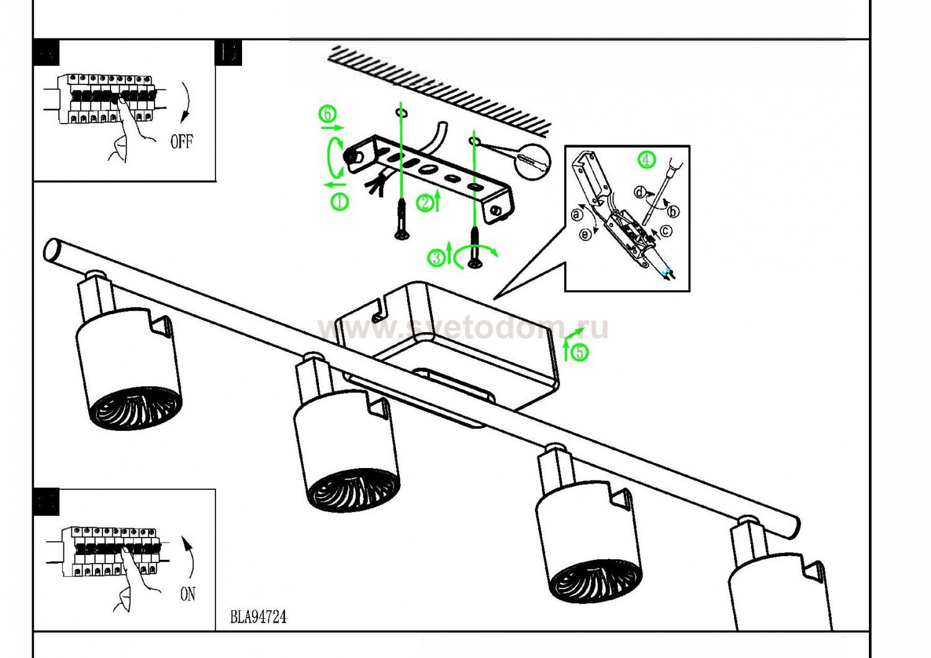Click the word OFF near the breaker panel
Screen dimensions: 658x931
tap(181, 142)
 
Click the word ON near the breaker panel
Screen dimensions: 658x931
tap(187, 594)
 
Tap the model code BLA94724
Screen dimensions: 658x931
tap(258, 617)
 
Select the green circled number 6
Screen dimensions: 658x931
tap(328, 114)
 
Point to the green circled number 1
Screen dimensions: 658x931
tap(340, 201)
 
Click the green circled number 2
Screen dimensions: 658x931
tap(425, 203)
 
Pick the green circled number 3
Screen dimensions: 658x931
tap(438, 257)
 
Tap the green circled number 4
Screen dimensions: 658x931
tap(646, 160)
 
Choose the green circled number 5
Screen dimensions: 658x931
tap(580, 353)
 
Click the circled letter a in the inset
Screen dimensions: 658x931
tap(577, 215)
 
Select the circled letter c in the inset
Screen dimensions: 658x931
tap(665, 231)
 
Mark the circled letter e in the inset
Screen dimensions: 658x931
tap(585, 234)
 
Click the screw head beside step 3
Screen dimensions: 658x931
tap(475, 264)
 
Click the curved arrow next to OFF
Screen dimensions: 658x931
tap(186, 102)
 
